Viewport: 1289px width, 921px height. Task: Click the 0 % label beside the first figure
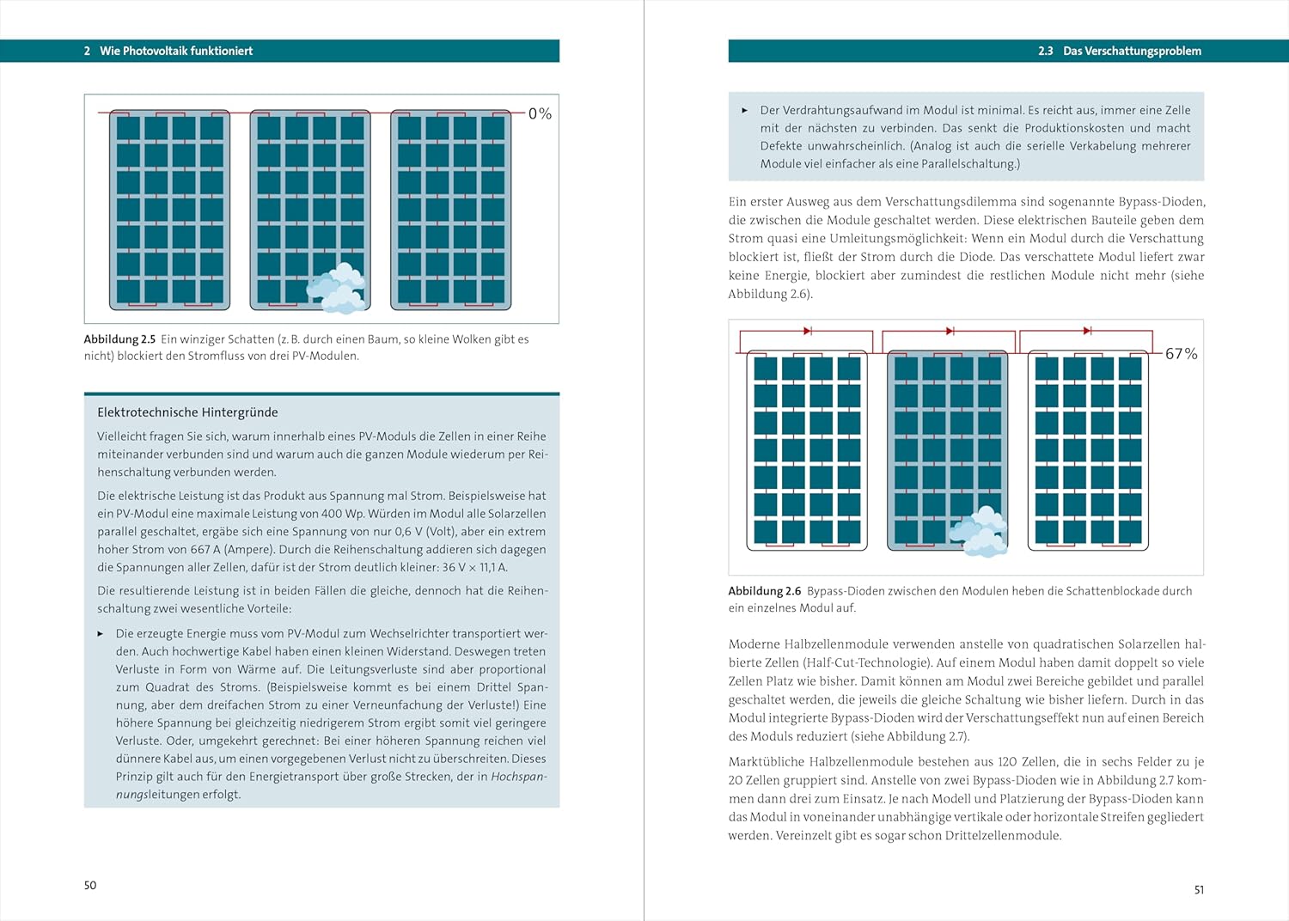[540, 113]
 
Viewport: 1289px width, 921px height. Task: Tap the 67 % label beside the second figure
[1181, 354]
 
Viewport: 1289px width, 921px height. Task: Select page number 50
[90, 885]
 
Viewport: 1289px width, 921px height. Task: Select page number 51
[1199, 890]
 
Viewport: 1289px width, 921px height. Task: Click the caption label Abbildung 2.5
[119, 339]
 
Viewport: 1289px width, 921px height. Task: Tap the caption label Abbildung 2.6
[764, 591]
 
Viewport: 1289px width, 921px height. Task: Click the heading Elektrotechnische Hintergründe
[187, 412]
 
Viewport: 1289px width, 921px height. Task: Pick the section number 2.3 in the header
[1045, 52]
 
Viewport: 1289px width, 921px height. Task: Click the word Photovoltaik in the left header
[154, 52]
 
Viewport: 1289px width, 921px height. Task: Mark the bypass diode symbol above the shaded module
[950, 331]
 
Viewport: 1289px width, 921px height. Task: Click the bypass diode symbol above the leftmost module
[808, 331]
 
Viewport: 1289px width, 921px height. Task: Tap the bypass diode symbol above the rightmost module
[1087, 331]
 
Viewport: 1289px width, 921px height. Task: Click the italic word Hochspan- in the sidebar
[518, 777]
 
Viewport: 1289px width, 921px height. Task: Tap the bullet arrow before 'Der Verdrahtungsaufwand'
[744, 111]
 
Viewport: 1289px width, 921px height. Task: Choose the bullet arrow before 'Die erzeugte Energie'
[101, 634]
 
